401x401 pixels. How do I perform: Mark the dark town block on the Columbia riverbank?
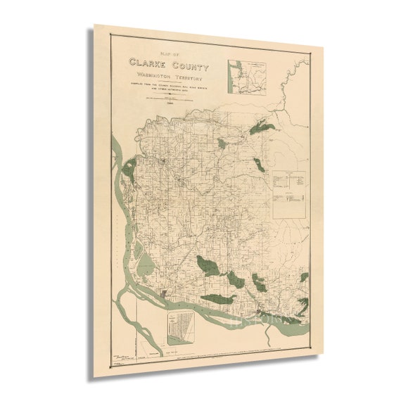(165, 291)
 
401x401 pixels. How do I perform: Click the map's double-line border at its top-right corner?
(307, 56)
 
